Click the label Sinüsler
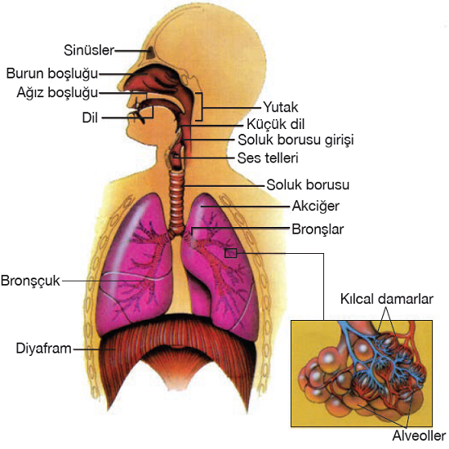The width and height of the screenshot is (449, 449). tap(89, 51)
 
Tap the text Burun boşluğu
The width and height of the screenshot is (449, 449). tap(52, 73)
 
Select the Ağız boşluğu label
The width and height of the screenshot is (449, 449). tap(57, 93)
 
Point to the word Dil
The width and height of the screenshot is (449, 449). tap(90, 118)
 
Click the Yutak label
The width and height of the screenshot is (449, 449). tap(281, 108)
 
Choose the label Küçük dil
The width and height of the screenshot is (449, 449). tap(275, 124)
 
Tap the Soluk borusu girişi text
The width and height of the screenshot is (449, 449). tap(296, 140)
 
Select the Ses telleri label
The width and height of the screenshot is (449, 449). tap(268, 158)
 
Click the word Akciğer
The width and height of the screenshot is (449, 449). tap(316, 207)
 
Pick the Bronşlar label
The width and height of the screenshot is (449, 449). tap(318, 229)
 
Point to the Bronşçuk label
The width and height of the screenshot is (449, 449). tap(30, 281)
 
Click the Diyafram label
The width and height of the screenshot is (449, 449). tap(43, 349)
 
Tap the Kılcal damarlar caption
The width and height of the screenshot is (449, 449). tap(387, 299)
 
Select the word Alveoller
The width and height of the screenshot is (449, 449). tap(419, 436)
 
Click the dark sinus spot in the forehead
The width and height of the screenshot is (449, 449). tap(150, 53)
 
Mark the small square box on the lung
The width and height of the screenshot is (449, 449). tap(230, 253)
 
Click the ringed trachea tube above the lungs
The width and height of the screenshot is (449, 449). tap(177, 202)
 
